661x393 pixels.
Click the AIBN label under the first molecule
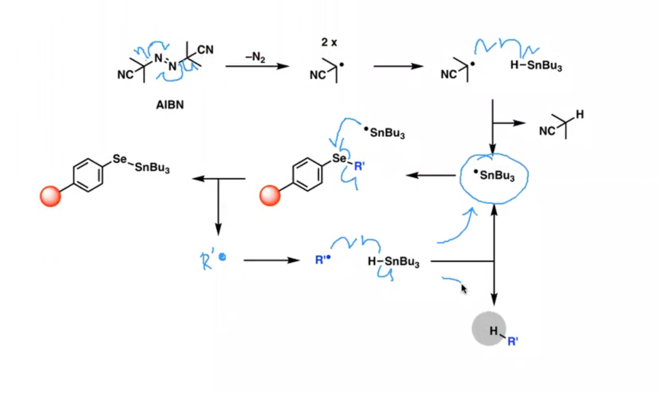170,105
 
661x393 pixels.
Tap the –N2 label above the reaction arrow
256,57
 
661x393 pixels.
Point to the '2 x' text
329,43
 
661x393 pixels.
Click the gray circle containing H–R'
489,328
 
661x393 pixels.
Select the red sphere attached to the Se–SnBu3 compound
51,196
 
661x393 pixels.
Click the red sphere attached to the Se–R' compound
270,196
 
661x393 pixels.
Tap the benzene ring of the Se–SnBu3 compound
88,175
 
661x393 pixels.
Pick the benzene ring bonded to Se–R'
307,174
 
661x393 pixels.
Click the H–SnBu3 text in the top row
536,65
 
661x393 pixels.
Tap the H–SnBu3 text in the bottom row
394,261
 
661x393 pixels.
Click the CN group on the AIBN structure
206,50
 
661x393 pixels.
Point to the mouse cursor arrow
464,289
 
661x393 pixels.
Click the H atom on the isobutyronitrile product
580,114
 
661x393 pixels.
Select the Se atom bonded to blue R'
339,158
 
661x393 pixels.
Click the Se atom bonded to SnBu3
119,159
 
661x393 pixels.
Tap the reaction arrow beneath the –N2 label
257,66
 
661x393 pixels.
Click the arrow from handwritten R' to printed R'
272,260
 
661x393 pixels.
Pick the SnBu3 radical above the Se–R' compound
384,132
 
